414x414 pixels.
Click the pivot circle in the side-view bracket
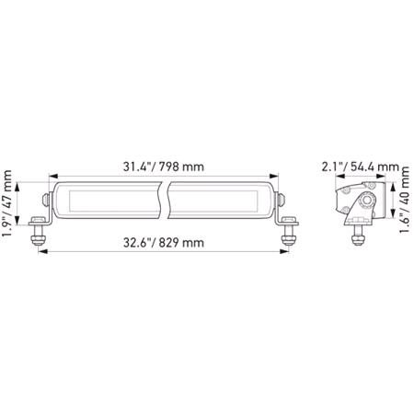pos(367,201)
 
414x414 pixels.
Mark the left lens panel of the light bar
pos(109,199)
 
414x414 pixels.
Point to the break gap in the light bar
pos(167,199)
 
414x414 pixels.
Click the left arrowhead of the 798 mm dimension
pos(52,178)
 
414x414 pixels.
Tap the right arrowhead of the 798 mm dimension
pos(277,178)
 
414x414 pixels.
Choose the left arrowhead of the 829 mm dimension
pos(42,253)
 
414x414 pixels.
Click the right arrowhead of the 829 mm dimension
pos(287,253)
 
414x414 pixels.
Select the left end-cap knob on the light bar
pos(47,199)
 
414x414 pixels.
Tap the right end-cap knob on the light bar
pos(282,199)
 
